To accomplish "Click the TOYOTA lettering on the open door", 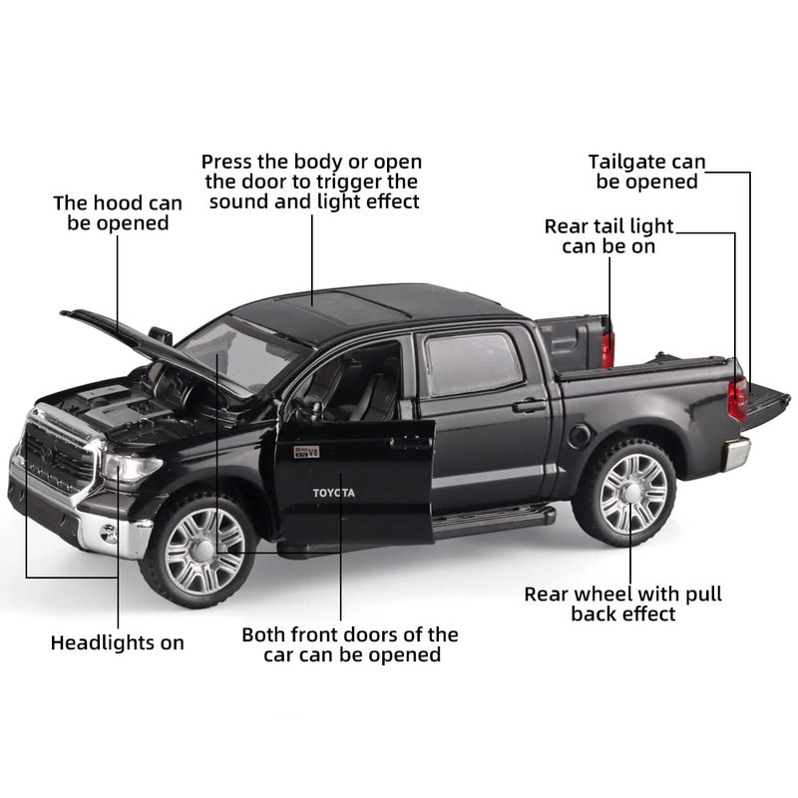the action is point(334,493).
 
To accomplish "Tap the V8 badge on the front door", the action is point(306,452).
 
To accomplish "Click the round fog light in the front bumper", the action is point(109,534).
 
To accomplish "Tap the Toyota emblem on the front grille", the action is point(47,455).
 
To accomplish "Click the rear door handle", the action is point(530,406).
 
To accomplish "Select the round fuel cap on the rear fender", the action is point(580,436).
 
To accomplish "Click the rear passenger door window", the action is point(472,363).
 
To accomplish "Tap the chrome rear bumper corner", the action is point(736,453).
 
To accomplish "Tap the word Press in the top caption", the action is point(227,162).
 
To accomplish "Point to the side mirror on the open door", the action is point(311,409).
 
